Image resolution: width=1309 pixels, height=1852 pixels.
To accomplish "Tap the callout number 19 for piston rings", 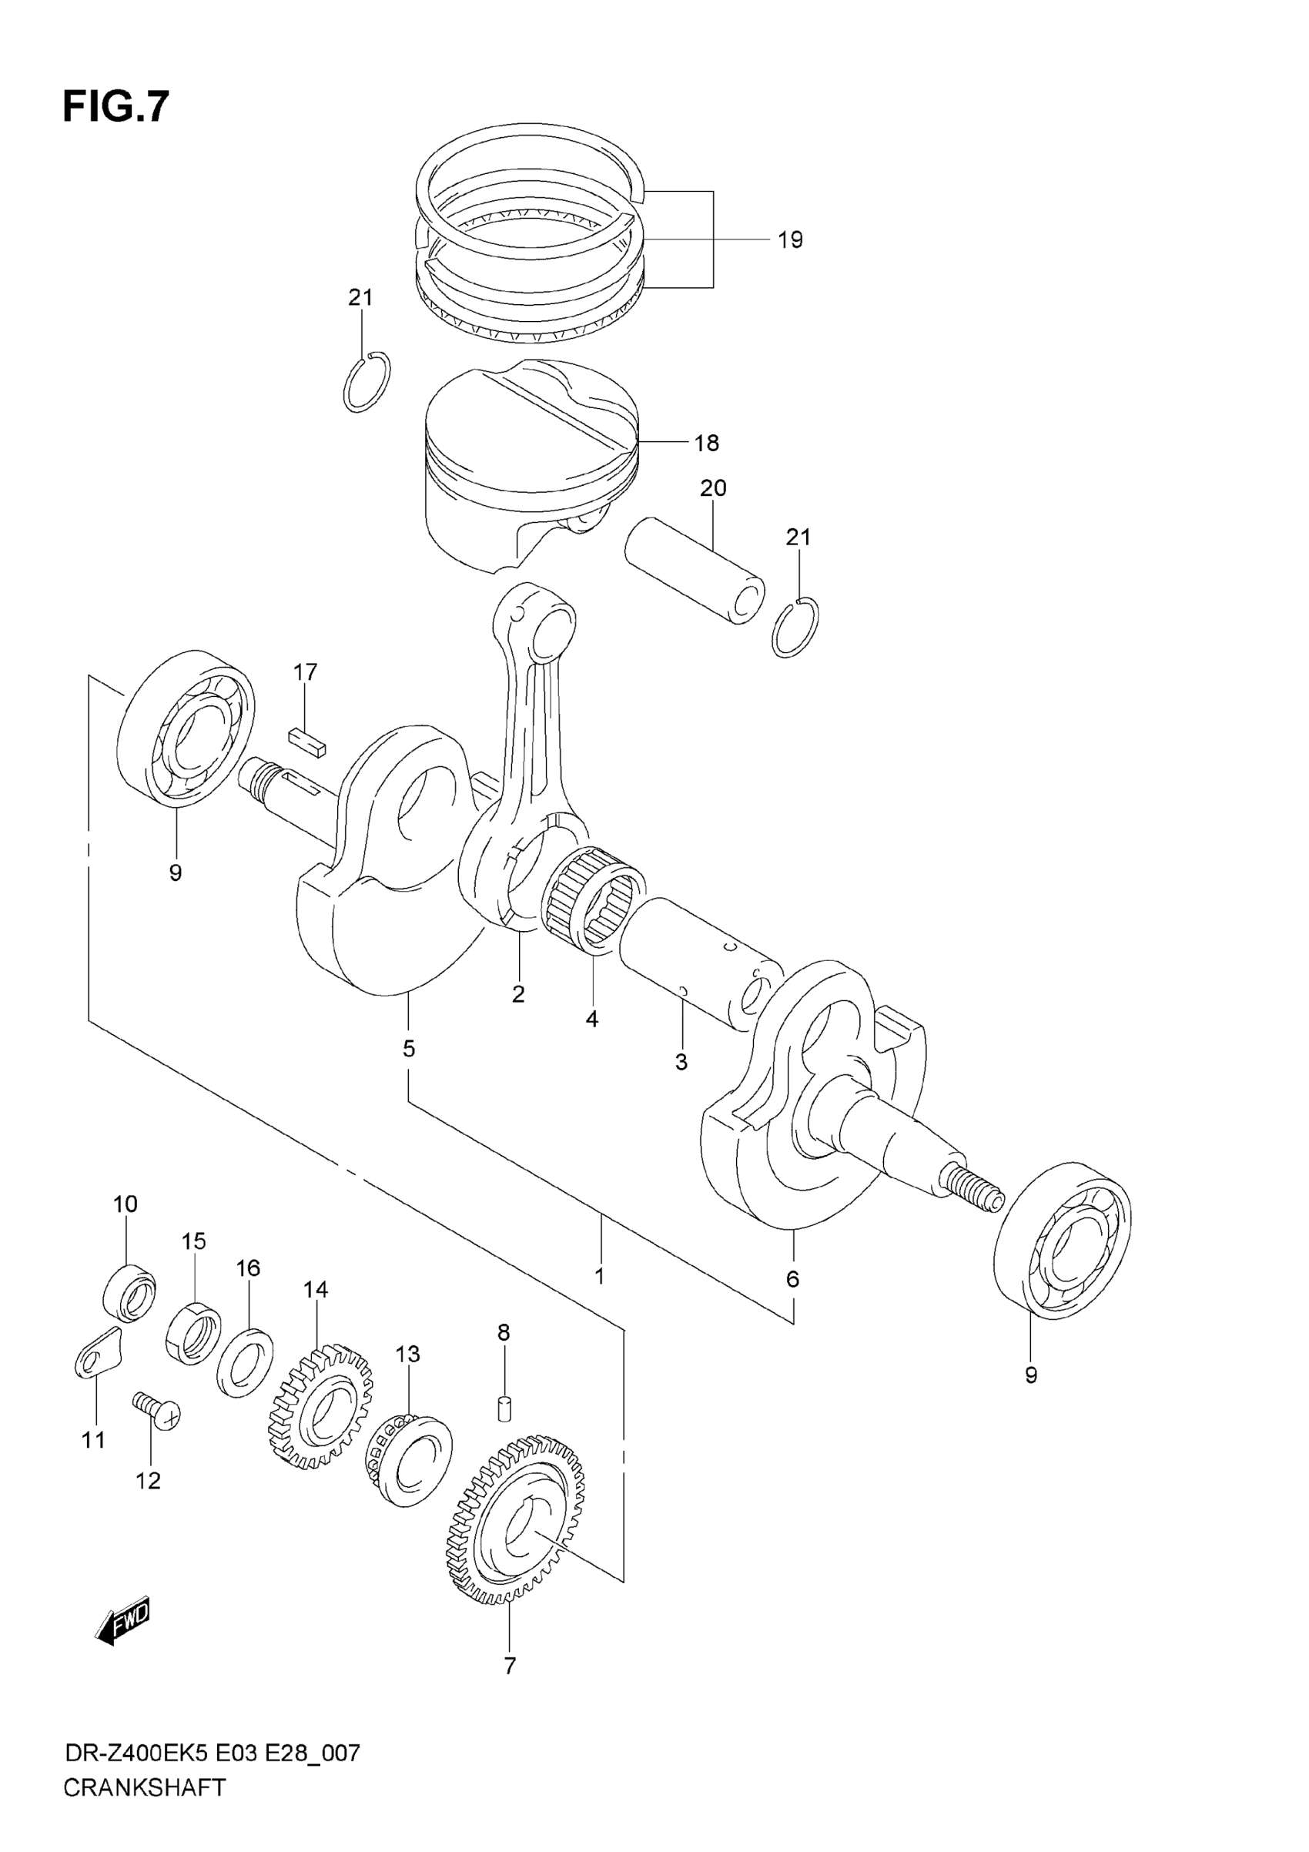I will pos(789,239).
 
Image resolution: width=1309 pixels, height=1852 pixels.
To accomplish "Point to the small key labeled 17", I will pos(307,742).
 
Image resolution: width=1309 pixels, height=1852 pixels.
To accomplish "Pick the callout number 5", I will pos(409,1049).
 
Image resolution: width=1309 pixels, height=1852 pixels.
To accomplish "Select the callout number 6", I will pos(792,1278).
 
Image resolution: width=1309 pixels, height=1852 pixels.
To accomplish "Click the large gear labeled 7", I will pos(516,1525).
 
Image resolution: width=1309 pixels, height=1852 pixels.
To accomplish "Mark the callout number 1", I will pos(599,1276).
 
